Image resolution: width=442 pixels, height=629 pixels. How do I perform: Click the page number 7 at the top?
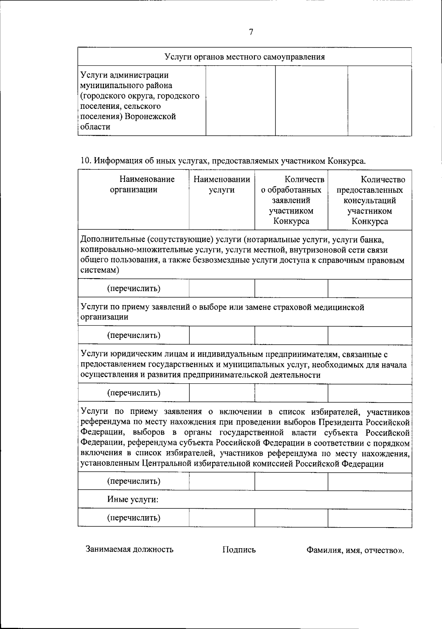click(251, 32)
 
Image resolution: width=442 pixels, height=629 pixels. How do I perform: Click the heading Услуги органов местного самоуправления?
click(245, 57)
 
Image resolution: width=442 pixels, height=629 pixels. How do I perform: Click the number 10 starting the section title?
click(85, 161)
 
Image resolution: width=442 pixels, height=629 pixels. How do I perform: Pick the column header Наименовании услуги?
click(222, 184)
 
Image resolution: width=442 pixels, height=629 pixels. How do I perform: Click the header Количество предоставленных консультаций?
click(369, 200)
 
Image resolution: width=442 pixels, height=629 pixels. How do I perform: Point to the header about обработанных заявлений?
click(291, 200)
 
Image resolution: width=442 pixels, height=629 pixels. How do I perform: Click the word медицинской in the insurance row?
click(339, 307)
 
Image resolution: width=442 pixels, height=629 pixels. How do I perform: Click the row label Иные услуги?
click(133, 500)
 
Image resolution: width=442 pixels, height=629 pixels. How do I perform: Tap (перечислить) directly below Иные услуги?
click(133, 518)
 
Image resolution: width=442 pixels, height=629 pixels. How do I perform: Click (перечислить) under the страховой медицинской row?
click(133, 335)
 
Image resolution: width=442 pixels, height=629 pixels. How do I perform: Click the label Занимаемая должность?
click(129, 549)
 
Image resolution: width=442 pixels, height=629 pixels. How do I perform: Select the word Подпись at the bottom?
click(239, 550)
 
